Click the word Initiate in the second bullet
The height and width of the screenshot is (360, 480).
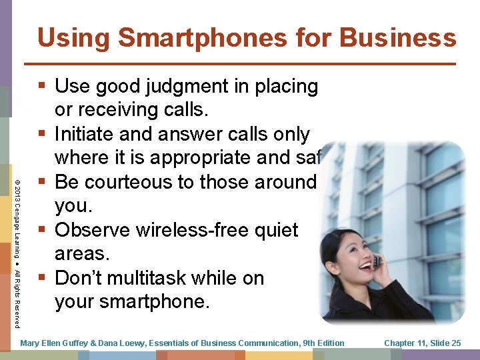click(83, 135)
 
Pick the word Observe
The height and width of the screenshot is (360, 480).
click(93, 231)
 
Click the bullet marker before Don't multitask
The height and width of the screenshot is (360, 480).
click(44, 279)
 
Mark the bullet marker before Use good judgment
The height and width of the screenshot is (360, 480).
click(44, 87)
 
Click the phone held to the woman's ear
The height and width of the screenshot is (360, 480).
click(377, 261)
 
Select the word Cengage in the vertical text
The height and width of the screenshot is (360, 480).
click(16, 220)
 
